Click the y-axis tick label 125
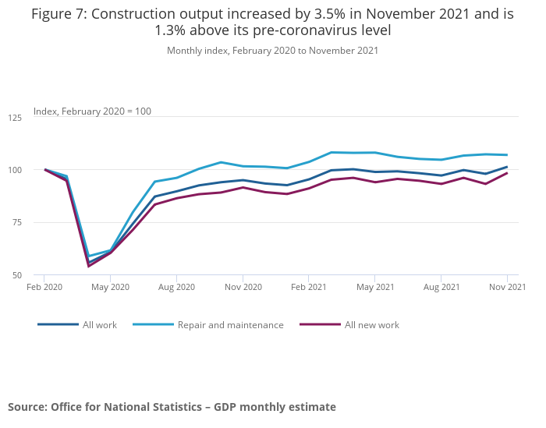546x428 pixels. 15,118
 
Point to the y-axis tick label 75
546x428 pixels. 17,223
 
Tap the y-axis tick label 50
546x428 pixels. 17,275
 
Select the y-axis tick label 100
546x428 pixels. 15,170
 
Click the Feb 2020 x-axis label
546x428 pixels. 44,287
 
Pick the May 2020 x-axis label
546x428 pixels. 110,287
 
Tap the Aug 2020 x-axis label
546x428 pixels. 176,287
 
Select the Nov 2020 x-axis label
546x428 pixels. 243,287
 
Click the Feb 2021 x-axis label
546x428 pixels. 308,287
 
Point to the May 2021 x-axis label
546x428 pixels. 374,287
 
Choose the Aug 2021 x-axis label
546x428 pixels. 441,287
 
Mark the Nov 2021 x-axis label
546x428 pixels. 507,287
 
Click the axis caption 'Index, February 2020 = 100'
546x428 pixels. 92,111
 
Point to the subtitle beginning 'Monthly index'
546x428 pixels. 272,51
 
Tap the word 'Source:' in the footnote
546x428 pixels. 28,407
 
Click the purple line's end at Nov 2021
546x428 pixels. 507,173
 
